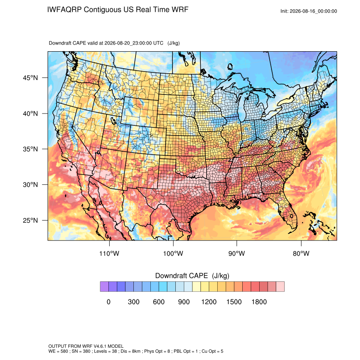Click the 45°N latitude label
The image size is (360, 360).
click(x=30, y=78)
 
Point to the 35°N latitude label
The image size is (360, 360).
click(x=30, y=149)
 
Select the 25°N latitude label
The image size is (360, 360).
click(x=30, y=220)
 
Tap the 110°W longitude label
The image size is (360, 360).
click(x=109, y=253)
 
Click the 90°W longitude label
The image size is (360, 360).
click(x=236, y=253)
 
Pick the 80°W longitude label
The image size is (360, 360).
click(x=301, y=253)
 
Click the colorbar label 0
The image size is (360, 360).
click(x=108, y=302)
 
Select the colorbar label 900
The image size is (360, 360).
click(x=184, y=302)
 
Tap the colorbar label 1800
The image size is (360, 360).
click(x=259, y=302)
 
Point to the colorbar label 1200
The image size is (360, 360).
click(x=209, y=302)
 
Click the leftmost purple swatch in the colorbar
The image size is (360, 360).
click(x=104, y=287)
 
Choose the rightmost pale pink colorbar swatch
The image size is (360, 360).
click(x=280, y=287)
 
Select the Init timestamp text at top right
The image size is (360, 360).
click(x=309, y=11)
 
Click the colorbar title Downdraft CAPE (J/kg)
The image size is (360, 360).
click(x=192, y=276)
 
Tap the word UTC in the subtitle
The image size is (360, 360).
click(x=158, y=43)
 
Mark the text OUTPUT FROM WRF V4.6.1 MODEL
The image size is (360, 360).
click(x=86, y=346)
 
